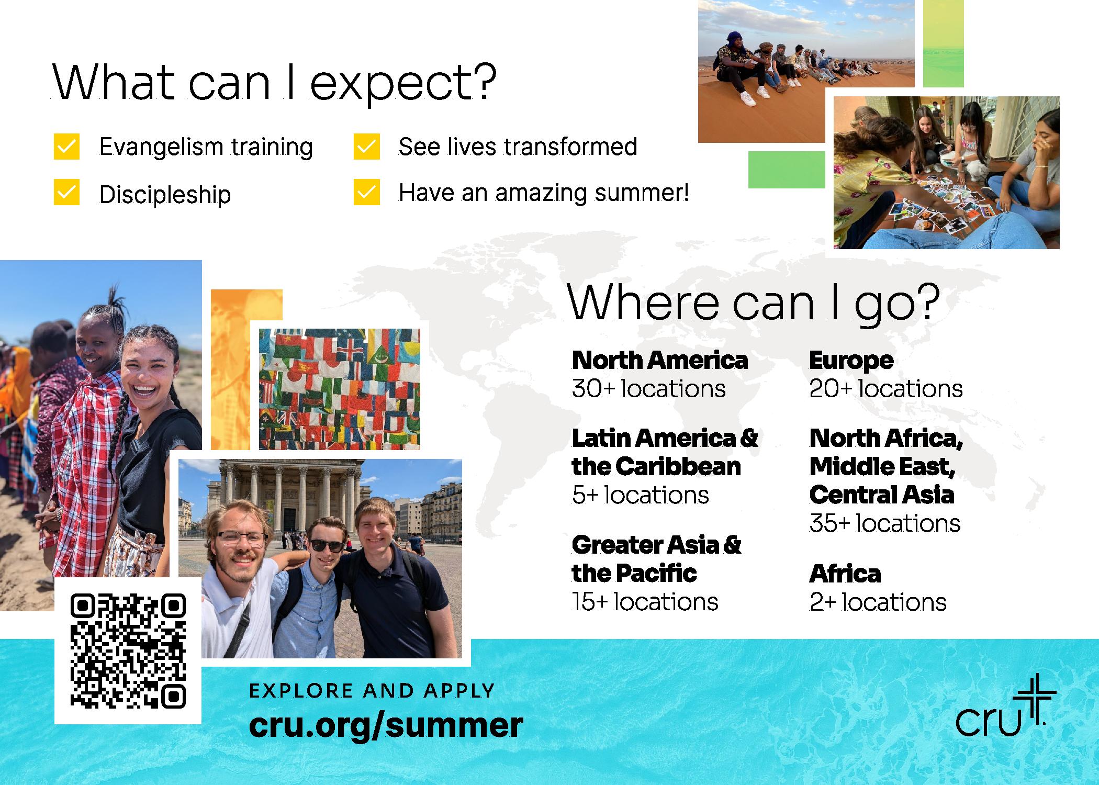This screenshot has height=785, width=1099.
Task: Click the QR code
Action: pyautogui.click(x=128, y=651)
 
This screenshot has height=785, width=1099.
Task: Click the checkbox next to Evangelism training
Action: pyautogui.click(x=66, y=147)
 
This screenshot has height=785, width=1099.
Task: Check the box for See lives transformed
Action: pyautogui.click(x=366, y=147)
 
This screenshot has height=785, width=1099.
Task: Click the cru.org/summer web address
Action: pyautogui.click(x=386, y=725)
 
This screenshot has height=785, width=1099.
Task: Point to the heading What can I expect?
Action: pyautogui.click(x=274, y=83)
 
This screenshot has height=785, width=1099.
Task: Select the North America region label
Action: pyautogui.click(x=660, y=360)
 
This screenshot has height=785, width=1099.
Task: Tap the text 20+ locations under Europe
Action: pyautogui.click(x=885, y=389)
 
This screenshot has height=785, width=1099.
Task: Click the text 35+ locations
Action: pyautogui.click(x=884, y=523)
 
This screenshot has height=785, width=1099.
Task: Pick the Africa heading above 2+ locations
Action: pyautogui.click(x=845, y=574)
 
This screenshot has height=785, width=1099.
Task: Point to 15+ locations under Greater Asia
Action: pyautogui.click(x=645, y=602)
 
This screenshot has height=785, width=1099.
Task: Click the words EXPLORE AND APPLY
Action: pyautogui.click(x=372, y=691)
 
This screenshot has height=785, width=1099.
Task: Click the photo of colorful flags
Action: pyautogui.click(x=340, y=389)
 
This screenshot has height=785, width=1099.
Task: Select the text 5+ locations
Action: pyautogui.click(x=640, y=495)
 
